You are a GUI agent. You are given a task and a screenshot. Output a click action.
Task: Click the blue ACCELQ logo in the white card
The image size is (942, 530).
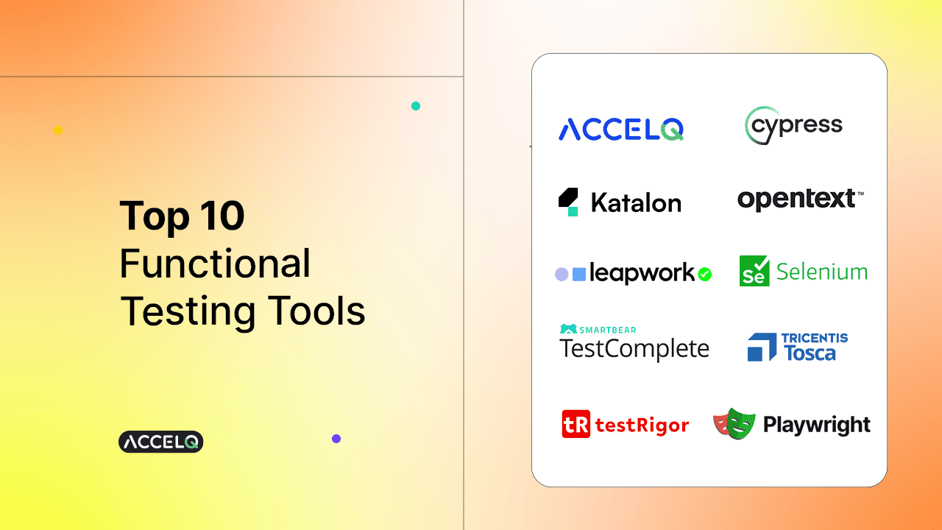tap(621, 129)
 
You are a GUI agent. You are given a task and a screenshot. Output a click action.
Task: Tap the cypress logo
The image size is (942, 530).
tap(793, 125)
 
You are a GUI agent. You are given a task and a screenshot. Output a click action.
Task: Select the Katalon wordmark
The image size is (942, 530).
tap(636, 202)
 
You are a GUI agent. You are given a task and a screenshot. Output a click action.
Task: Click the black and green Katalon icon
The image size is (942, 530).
tap(568, 202)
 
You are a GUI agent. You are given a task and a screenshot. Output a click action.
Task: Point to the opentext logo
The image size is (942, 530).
tap(801, 199)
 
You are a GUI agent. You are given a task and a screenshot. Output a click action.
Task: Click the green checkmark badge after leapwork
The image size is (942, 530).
tap(704, 275)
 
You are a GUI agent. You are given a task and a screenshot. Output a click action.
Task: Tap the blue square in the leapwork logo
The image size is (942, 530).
tap(579, 275)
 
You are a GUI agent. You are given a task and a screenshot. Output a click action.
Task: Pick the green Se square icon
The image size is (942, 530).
tap(754, 271)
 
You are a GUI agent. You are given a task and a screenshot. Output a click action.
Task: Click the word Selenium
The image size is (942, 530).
tap(822, 272)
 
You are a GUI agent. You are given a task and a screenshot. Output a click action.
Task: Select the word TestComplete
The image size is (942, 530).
tap(634, 349)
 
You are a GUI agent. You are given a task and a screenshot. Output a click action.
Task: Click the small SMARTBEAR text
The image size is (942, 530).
tap(608, 331)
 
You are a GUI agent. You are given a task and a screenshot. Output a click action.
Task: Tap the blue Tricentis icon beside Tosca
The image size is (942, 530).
tap(762, 347)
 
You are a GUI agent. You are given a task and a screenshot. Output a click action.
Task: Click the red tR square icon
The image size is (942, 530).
tap(576, 424)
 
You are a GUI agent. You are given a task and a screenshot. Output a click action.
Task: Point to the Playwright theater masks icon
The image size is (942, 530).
tap(734, 423)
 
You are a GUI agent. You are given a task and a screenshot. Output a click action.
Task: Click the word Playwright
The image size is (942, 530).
tap(817, 425)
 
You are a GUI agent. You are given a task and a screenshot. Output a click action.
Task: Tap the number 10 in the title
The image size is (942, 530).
tap(222, 216)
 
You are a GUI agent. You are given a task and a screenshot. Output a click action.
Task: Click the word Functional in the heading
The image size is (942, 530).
tap(215, 264)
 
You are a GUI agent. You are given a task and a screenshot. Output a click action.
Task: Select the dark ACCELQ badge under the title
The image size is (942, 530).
tap(161, 442)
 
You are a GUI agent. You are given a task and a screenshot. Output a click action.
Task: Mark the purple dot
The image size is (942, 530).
tap(336, 439)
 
